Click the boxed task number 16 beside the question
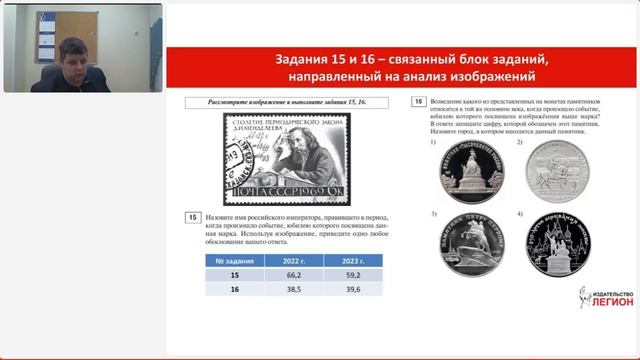click(x=417, y=102)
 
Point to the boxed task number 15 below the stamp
click(x=192, y=217)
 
